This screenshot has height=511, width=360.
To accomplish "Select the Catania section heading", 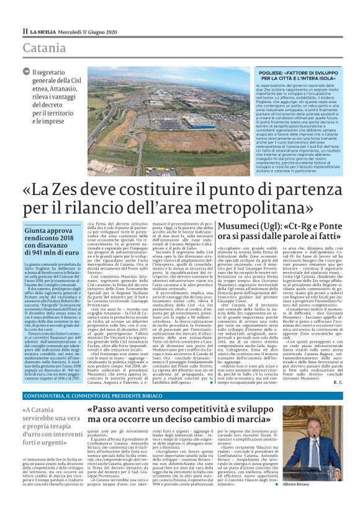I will point(44,47).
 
